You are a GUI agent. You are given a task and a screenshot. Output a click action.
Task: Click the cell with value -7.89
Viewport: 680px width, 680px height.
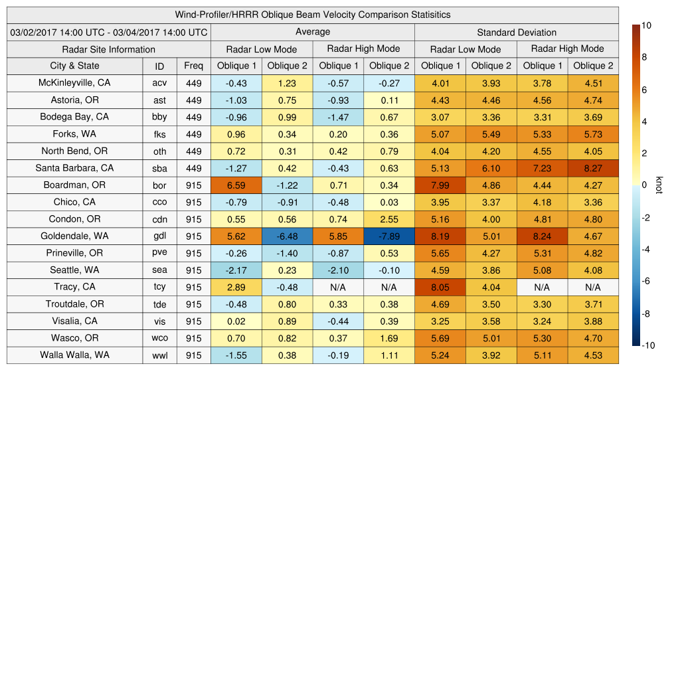tap(389, 236)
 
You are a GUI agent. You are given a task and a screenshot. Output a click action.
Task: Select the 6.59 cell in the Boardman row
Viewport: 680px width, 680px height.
tap(236, 185)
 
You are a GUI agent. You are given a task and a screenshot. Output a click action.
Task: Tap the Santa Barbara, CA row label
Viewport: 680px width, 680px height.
tap(74, 168)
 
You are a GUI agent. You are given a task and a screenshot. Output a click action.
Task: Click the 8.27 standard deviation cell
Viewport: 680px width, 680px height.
tap(593, 168)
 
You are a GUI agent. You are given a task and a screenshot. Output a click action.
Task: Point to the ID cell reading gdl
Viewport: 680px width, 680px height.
tap(159, 236)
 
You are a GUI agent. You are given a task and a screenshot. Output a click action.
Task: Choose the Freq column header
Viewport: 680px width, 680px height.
tap(193, 66)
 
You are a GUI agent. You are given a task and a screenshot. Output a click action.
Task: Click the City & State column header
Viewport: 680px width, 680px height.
tap(74, 66)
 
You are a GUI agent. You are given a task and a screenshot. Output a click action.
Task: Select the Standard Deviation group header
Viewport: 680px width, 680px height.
tap(517, 33)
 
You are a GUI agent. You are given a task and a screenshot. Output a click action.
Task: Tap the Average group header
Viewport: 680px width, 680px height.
tap(312, 32)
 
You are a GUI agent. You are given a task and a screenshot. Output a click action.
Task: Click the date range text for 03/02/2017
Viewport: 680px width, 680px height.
tap(109, 33)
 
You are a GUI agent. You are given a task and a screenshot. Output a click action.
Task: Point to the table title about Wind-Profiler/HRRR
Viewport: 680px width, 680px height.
tap(312, 15)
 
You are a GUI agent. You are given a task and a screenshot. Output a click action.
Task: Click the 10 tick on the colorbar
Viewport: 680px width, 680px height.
tap(646, 25)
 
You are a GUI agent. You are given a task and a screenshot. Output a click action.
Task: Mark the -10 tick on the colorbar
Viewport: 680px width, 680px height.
tap(647, 345)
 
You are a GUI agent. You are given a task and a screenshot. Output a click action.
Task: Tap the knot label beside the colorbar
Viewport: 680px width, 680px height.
tap(659, 185)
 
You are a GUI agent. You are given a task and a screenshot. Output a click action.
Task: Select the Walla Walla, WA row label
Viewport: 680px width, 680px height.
tap(74, 355)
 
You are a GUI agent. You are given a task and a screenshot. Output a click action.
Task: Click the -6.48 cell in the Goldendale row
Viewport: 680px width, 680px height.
tap(287, 236)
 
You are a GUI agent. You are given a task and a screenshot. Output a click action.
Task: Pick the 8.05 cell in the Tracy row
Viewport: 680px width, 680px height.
tap(440, 288)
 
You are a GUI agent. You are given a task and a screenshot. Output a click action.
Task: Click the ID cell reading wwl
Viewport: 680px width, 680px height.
tap(159, 355)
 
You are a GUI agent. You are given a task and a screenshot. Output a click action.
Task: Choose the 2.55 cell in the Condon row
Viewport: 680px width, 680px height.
tap(389, 219)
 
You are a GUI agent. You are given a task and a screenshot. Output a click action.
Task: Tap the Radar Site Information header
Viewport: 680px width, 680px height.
tap(109, 49)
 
